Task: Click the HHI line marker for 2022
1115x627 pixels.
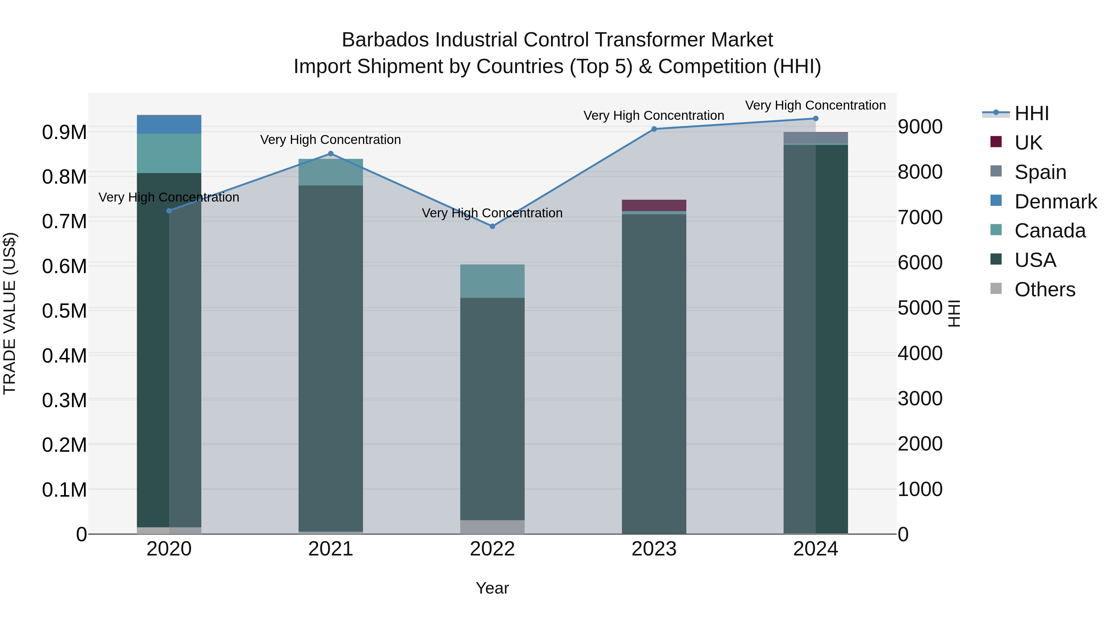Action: click(x=492, y=226)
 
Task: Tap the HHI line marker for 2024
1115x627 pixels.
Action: click(x=815, y=119)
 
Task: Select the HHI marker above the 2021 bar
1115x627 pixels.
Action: click(x=331, y=154)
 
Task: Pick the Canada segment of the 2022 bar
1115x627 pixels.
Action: click(x=492, y=281)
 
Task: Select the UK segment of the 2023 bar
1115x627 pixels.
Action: click(x=654, y=206)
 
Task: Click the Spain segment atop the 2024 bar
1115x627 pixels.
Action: click(x=815, y=137)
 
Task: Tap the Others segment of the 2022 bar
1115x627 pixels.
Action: click(x=492, y=527)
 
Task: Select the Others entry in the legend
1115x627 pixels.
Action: click(x=1044, y=290)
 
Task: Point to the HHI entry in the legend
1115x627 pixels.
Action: click(x=1031, y=113)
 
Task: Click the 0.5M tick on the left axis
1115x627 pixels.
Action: click(x=64, y=311)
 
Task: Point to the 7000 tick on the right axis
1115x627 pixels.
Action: click(x=920, y=217)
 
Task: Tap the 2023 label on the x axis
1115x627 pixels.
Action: click(x=654, y=549)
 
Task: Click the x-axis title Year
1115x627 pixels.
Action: click(x=492, y=588)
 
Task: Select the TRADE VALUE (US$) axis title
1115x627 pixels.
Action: click(x=10, y=313)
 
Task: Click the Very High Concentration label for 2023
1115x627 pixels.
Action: click(x=654, y=115)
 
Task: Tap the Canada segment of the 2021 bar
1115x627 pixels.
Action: click(x=331, y=172)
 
